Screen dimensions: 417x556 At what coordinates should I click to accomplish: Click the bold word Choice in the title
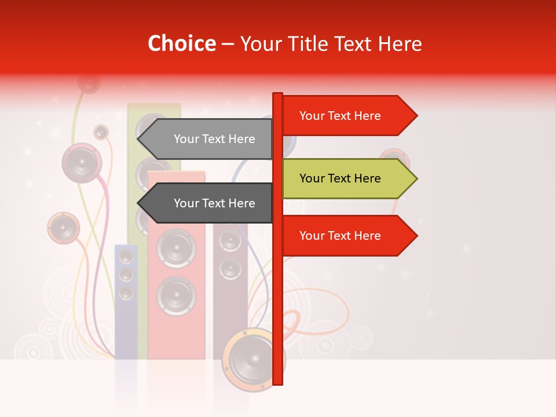pyautogui.click(x=181, y=43)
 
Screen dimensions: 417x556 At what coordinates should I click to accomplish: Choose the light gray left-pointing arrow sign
pyautogui.click(x=209, y=139)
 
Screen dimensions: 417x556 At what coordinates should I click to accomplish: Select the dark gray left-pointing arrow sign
pyautogui.click(x=209, y=203)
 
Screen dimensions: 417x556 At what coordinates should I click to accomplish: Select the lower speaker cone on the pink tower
pyautogui.click(x=176, y=295)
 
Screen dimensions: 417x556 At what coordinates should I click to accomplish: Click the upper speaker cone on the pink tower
pyautogui.click(x=176, y=248)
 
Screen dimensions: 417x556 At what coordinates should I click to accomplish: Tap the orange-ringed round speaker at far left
pyautogui.click(x=63, y=228)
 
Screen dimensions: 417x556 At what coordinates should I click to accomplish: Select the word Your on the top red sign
pyautogui.click(x=312, y=116)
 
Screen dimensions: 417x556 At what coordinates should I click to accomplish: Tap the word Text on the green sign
pyautogui.click(x=341, y=178)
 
